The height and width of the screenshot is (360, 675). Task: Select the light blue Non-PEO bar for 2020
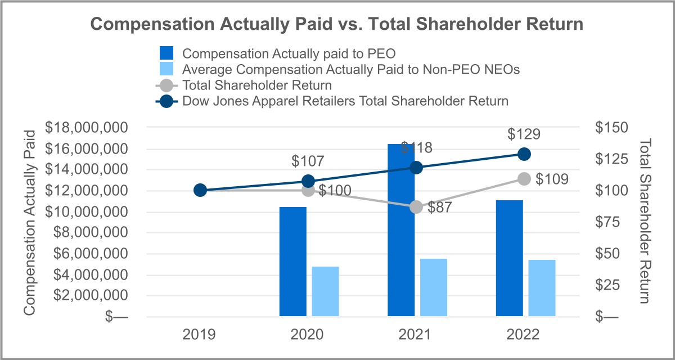pyautogui.click(x=326, y=291)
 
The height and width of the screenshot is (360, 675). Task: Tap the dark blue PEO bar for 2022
pyautogui.click(x=510, y=258)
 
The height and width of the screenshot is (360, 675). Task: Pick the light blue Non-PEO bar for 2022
pyautogui.click(x=542, y=288)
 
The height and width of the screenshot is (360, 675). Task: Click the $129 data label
pyautogui.click(x=524, y=134)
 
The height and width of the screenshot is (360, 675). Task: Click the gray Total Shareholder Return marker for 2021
pyautogui.click(x=416, y=206)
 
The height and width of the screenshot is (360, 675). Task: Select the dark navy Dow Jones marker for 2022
pyautogui.click(x=524, y=154)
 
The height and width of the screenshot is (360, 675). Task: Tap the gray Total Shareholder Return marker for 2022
pyautogui.click(x=524, y=179)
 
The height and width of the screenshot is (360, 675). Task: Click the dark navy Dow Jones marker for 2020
pyautogui.click(x=308, y=181)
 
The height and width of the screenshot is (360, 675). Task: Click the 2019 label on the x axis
pyautogui.click(x=199, y=335)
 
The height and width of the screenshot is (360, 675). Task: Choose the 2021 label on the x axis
pyautogui.click(x=416, y=335)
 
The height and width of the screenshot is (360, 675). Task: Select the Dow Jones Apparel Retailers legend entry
pyautogui.click(x=345, y=101)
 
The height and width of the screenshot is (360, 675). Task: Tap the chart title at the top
pyautogui.click(x=337, y=25)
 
